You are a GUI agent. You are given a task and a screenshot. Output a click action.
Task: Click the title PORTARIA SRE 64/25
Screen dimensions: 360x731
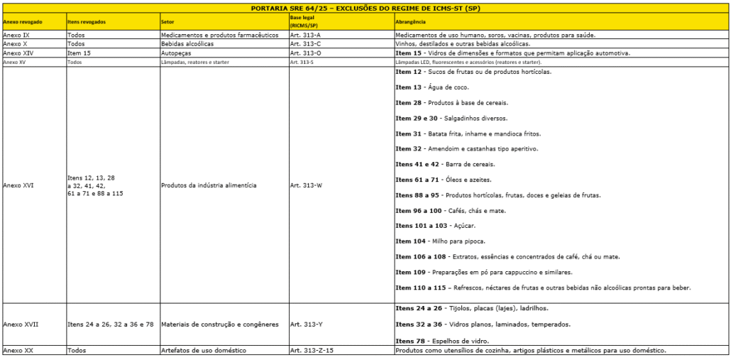[x=365, y=8]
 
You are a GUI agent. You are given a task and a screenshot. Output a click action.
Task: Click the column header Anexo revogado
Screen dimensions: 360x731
[x=23, y=22]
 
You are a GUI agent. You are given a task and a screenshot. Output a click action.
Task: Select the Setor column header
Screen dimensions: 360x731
[x=168, y=22]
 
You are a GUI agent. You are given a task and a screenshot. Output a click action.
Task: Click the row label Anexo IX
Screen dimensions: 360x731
[x=16, y=34]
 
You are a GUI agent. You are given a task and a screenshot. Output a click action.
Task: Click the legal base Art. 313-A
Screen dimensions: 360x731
[x=306, y=34]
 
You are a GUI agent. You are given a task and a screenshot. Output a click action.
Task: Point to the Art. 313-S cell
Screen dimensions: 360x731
[x=302, y=62]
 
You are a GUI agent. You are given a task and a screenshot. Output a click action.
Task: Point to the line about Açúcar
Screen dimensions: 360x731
[x=435, y=226]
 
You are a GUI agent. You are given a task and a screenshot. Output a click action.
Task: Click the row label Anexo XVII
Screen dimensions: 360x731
[x=21, y=324]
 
